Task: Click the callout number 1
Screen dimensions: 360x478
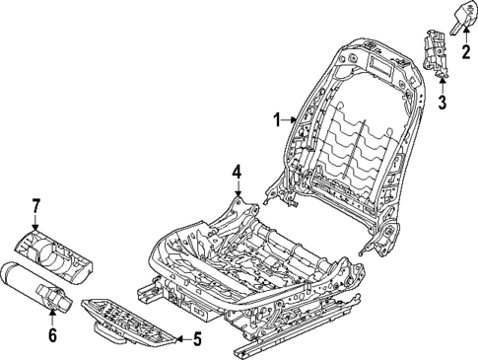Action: coord(278,121)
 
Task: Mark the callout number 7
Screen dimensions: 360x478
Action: coord(35,205)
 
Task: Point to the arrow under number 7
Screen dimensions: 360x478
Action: coord(36,221)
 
